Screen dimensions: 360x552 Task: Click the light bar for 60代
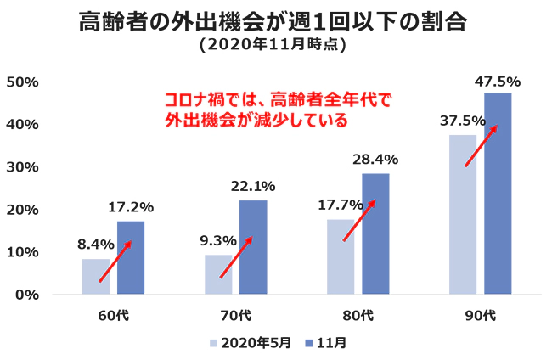click(x=96, y=277)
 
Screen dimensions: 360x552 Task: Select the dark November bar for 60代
click(x=131, y=258)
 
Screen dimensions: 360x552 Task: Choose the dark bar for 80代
click(x=375, y=234)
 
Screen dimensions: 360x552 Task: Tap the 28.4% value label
click(x=376, y=159)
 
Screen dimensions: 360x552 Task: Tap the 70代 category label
click(x=235, y=316)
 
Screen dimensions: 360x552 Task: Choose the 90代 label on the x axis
click(x=480, y=316)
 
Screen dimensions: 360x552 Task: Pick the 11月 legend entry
click(x=327, y=343)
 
